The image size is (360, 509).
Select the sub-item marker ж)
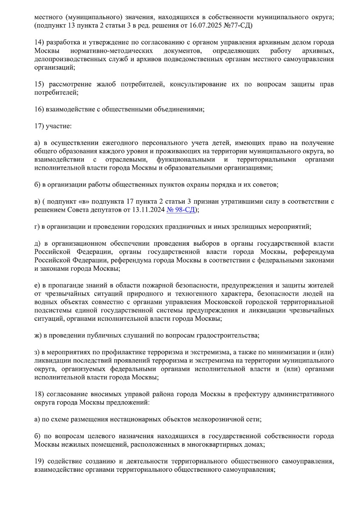coord(38,335)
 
